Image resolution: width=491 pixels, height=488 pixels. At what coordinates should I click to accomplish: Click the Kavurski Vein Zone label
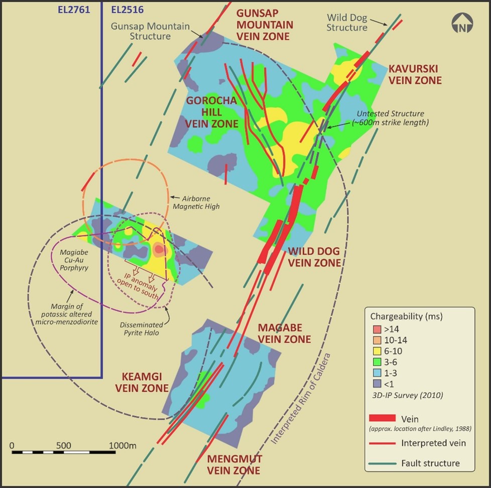click(x=414, y=74)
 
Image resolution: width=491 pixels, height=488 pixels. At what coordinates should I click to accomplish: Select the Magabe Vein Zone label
click(x=284, y=333)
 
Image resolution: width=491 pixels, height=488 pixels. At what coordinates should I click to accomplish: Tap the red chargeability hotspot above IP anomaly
click(x=159, y=249)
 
